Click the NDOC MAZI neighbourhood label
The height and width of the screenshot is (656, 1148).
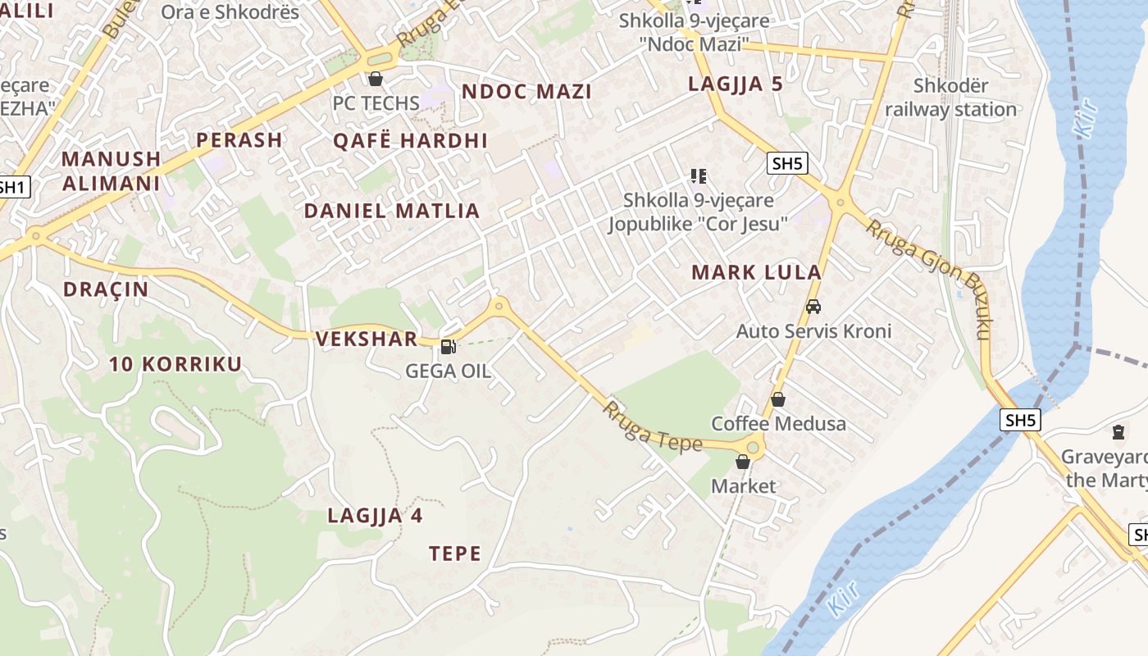[x=526, y=91]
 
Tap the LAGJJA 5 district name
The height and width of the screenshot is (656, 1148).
[x=736, y=84]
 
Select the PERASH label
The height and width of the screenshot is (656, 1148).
[x=239, y=139]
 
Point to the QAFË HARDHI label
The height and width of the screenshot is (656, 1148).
[x=410, y=140]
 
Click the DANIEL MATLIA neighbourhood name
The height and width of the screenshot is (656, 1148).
[x=392, y=211]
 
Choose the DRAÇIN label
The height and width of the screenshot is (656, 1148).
[x=106, y=289]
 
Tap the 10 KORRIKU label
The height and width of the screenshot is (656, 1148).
[x=175, y=364]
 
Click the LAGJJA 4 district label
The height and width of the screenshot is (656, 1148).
[x=375, y=516]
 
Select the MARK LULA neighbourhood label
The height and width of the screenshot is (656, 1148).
[x=756, y=272]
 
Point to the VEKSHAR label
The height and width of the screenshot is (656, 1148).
[x=367, y=339]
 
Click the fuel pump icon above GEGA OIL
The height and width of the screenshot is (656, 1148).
[x=448, y=347]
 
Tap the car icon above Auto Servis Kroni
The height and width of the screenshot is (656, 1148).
[x=813, y=307]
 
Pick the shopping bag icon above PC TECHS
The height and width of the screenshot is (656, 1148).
[x=376, y=79]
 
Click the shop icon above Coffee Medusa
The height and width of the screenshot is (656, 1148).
[x=777, y=399]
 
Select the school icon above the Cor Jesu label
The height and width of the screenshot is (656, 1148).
[x=699, y=175]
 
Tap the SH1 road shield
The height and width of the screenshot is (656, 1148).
[x=12, y=187]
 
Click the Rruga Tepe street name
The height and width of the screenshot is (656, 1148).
[x=654, y=426]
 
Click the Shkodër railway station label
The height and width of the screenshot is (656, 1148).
[x=950, y=97]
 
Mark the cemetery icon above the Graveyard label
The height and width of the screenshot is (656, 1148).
[x=1118, y=430]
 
